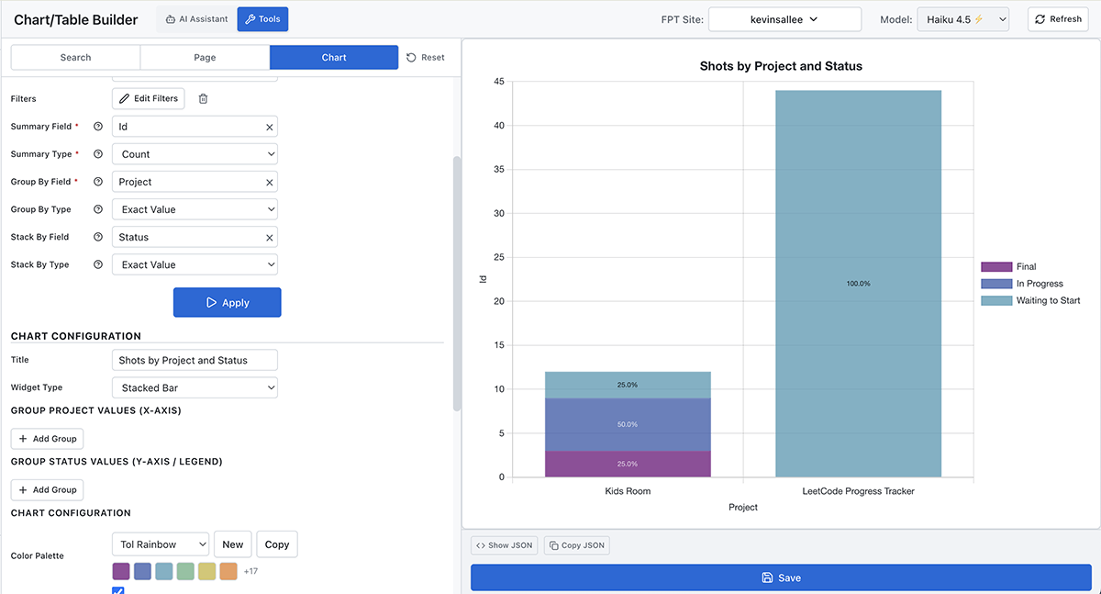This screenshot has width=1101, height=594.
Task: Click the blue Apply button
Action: coord(227,302)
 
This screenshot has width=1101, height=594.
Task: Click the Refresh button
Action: coord(1058,19)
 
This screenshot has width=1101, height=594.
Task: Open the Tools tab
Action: coord(262,19)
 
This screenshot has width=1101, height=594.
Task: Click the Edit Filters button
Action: coord(149,98)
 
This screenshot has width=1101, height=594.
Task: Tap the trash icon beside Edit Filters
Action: coord(204,98)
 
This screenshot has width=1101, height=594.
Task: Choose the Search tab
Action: coord(75,57)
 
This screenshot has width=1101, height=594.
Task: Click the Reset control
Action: coord(426,57)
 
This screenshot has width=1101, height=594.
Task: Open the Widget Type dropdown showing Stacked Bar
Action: coord(195,388)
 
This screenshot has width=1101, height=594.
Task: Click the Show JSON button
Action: coord(504,545)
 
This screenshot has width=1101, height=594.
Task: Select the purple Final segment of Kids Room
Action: coord(628,464)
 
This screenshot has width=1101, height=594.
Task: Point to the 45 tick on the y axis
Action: coord(498,82)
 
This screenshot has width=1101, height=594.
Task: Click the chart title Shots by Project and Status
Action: coord(781,66)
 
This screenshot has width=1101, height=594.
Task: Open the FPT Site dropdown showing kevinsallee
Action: coord(784,19)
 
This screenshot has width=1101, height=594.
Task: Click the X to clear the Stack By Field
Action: coord(270,238)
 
